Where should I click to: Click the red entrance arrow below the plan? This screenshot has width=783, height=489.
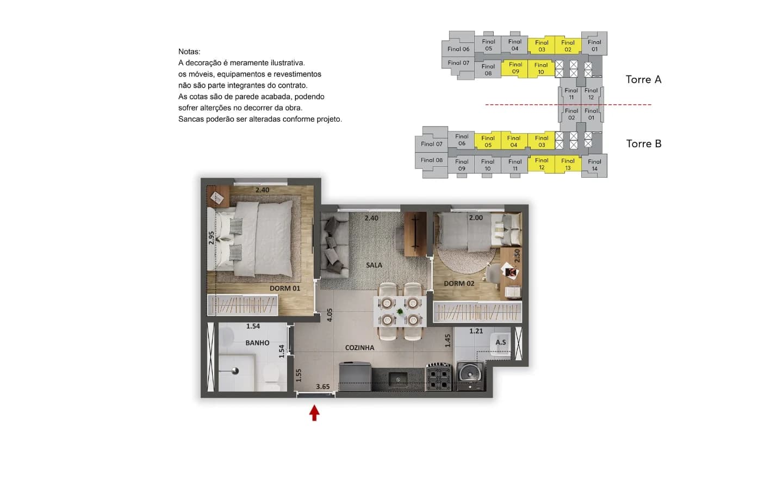click(x=314, y=413)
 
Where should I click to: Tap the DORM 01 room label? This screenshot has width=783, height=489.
click(x=285, y=288)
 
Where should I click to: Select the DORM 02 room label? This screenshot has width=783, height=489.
click(x=459, y=283)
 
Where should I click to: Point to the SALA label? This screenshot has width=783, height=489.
click(x=374, y=265)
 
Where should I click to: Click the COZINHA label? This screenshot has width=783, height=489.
click(x=360, y=348)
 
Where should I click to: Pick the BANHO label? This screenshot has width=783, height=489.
click(x=257, y=343)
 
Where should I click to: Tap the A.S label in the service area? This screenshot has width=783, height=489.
click(x=501, y=342)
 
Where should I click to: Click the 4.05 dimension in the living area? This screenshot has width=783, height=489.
click(x=330, y=315)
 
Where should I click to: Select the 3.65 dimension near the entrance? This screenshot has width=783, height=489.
click(x=322, y=386)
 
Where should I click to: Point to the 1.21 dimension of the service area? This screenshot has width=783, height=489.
click(x=476, y=331)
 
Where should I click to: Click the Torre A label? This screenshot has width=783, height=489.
click(x=644, y=80)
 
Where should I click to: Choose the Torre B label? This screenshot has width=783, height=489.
click(x=644, y=143)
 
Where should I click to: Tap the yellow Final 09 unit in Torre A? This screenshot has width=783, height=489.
click(x=515, y=68)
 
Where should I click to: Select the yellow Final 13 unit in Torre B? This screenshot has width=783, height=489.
click(x=568, y=164)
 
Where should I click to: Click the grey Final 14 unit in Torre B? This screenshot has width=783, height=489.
click(x=594, y=165)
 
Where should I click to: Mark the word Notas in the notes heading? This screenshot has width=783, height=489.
click(x=189, y=52)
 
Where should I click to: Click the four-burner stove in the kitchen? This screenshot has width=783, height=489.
click(x=438, y=377)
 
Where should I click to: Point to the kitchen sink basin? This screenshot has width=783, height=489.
click(x=398, y=379)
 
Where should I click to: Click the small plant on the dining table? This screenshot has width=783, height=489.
click(x=400, y=311)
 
